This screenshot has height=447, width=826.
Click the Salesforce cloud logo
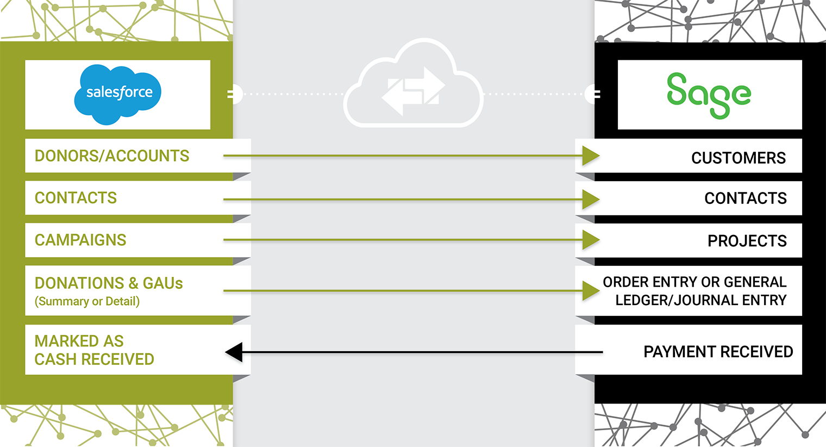click(118, 94)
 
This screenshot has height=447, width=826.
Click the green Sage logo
click(709, 95)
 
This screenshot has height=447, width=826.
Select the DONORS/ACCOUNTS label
click(112, 156)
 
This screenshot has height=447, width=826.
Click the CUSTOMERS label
click(738, 158)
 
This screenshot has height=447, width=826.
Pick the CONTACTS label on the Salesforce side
click(76, 198)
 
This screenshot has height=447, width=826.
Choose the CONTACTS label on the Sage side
click(745, 198)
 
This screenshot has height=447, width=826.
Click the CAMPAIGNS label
click(80, 240)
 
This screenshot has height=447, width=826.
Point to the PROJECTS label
click(747, 241)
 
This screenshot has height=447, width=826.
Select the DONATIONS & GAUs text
click(109, 283)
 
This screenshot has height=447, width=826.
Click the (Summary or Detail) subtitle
click(87, 301)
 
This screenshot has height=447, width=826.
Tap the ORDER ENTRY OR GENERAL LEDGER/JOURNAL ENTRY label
click(695, 291)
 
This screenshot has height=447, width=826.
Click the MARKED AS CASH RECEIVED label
click(94, 350)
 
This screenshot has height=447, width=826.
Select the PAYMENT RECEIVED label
click(718, 352)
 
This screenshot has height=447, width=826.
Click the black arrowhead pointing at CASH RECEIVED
click(234, 352)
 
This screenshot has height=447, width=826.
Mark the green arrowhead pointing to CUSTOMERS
click(590, 156)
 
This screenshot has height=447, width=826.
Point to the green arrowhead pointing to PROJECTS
click(590, 240)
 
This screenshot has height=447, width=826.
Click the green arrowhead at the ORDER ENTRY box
click(590, 291)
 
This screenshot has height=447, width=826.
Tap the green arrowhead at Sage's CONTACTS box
click(590, 200)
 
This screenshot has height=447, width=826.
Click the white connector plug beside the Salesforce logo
click(234, 94)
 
